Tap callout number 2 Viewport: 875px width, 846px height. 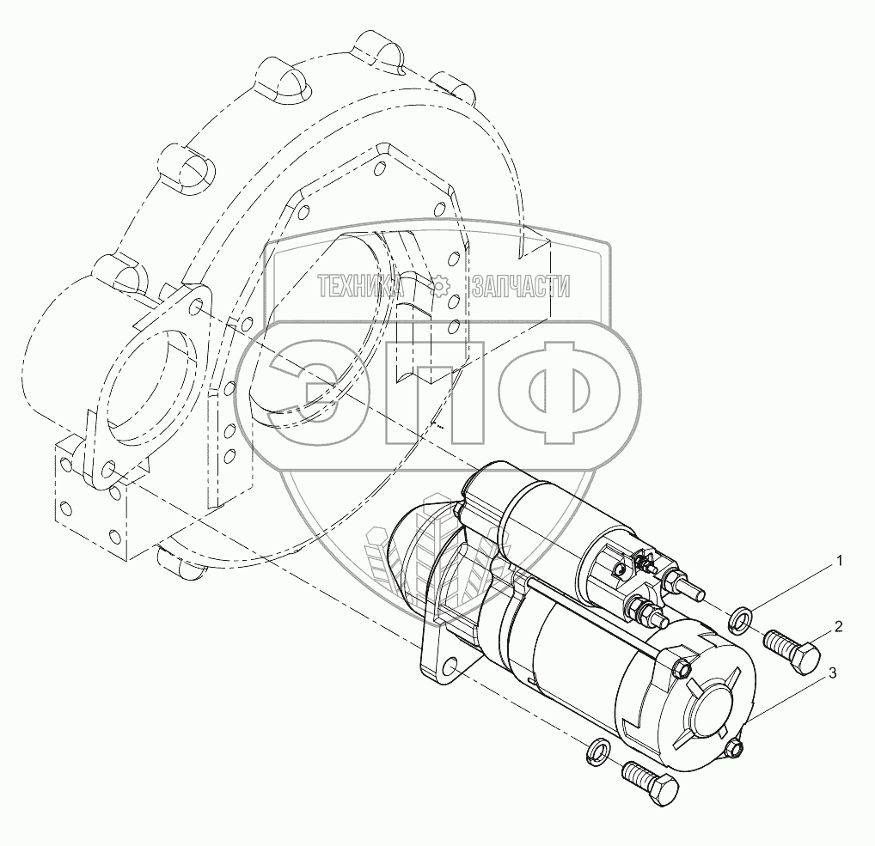[x=838, y=627]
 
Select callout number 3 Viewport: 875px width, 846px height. [x=832, y=673]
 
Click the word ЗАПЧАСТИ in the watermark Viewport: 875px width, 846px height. [x=521, y=287]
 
